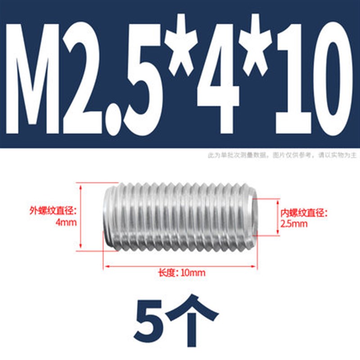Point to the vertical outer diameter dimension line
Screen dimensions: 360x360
point(81,216)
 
